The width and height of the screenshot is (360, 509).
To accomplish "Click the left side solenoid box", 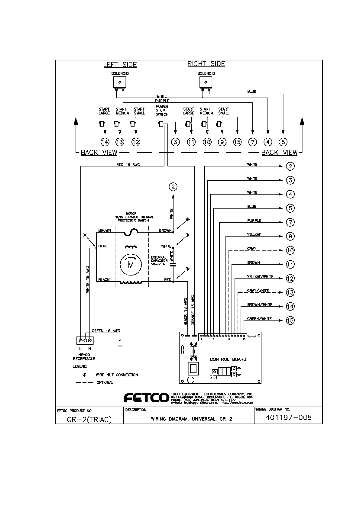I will point(119,82).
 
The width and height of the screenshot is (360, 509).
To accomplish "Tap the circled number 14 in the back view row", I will point(105,142).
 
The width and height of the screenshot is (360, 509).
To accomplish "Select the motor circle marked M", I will point(131,265).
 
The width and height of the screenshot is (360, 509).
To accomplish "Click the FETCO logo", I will point(146,398).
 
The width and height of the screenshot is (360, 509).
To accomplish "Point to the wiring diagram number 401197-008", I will point(288,417).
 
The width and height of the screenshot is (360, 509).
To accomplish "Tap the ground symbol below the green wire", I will point(120,347).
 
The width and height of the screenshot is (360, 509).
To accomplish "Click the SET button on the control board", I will point(214,372).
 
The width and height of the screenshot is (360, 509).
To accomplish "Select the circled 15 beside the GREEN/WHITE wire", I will point(290,320).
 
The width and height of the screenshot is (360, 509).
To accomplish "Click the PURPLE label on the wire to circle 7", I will point(254,221).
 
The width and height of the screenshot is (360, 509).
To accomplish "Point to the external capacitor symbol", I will point(173,265).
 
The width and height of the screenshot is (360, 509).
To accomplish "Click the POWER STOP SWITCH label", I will point(162,111).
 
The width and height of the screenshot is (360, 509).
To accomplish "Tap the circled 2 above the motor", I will point(173,187).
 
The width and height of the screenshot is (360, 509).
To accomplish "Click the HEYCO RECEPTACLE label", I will point(84,357).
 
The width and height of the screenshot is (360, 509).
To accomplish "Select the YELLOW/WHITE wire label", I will point(260,277).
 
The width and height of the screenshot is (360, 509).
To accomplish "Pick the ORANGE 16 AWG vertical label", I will point(193,310).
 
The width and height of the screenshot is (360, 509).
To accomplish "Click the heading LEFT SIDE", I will point(120,65).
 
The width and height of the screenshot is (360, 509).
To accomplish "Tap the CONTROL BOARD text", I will point(228,359).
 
